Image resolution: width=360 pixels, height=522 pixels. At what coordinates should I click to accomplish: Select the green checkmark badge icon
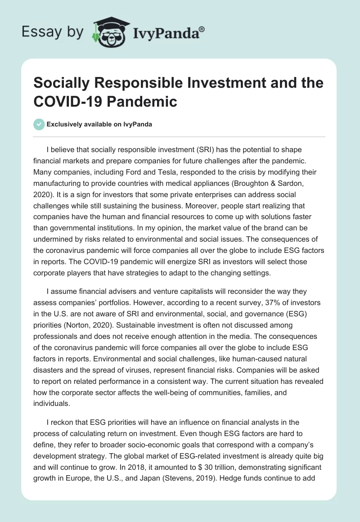tap(39, 124)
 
